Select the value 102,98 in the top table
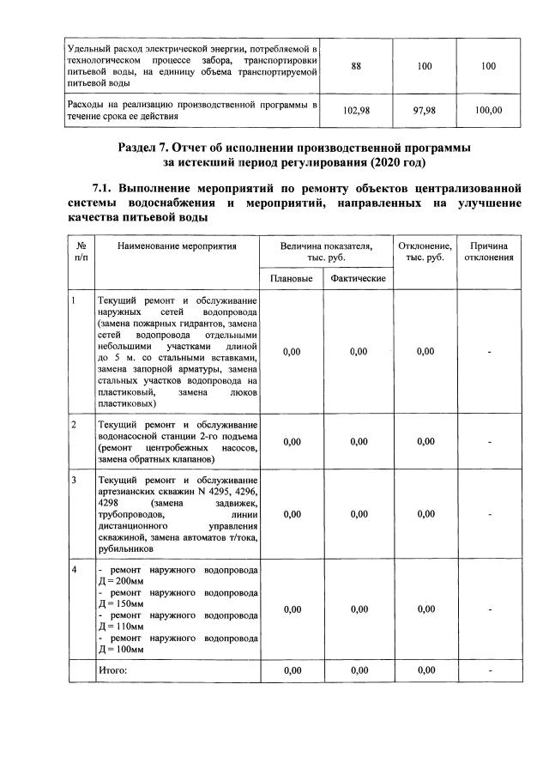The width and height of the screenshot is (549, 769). tap(355, 110)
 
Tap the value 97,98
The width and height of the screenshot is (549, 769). tap(424, 110)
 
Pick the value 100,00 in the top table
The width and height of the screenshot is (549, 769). tap(489, 110)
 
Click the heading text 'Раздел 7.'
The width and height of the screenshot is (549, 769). tap(148, 148)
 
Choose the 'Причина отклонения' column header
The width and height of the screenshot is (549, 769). tap(489, 251)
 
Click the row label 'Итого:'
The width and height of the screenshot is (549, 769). tap(112, 669)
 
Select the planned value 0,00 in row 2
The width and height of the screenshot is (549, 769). tap(291, 441)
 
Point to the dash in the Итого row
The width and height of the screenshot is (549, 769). tap(489, 669)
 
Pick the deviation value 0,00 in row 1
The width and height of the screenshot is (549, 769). tap(425, 351)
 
